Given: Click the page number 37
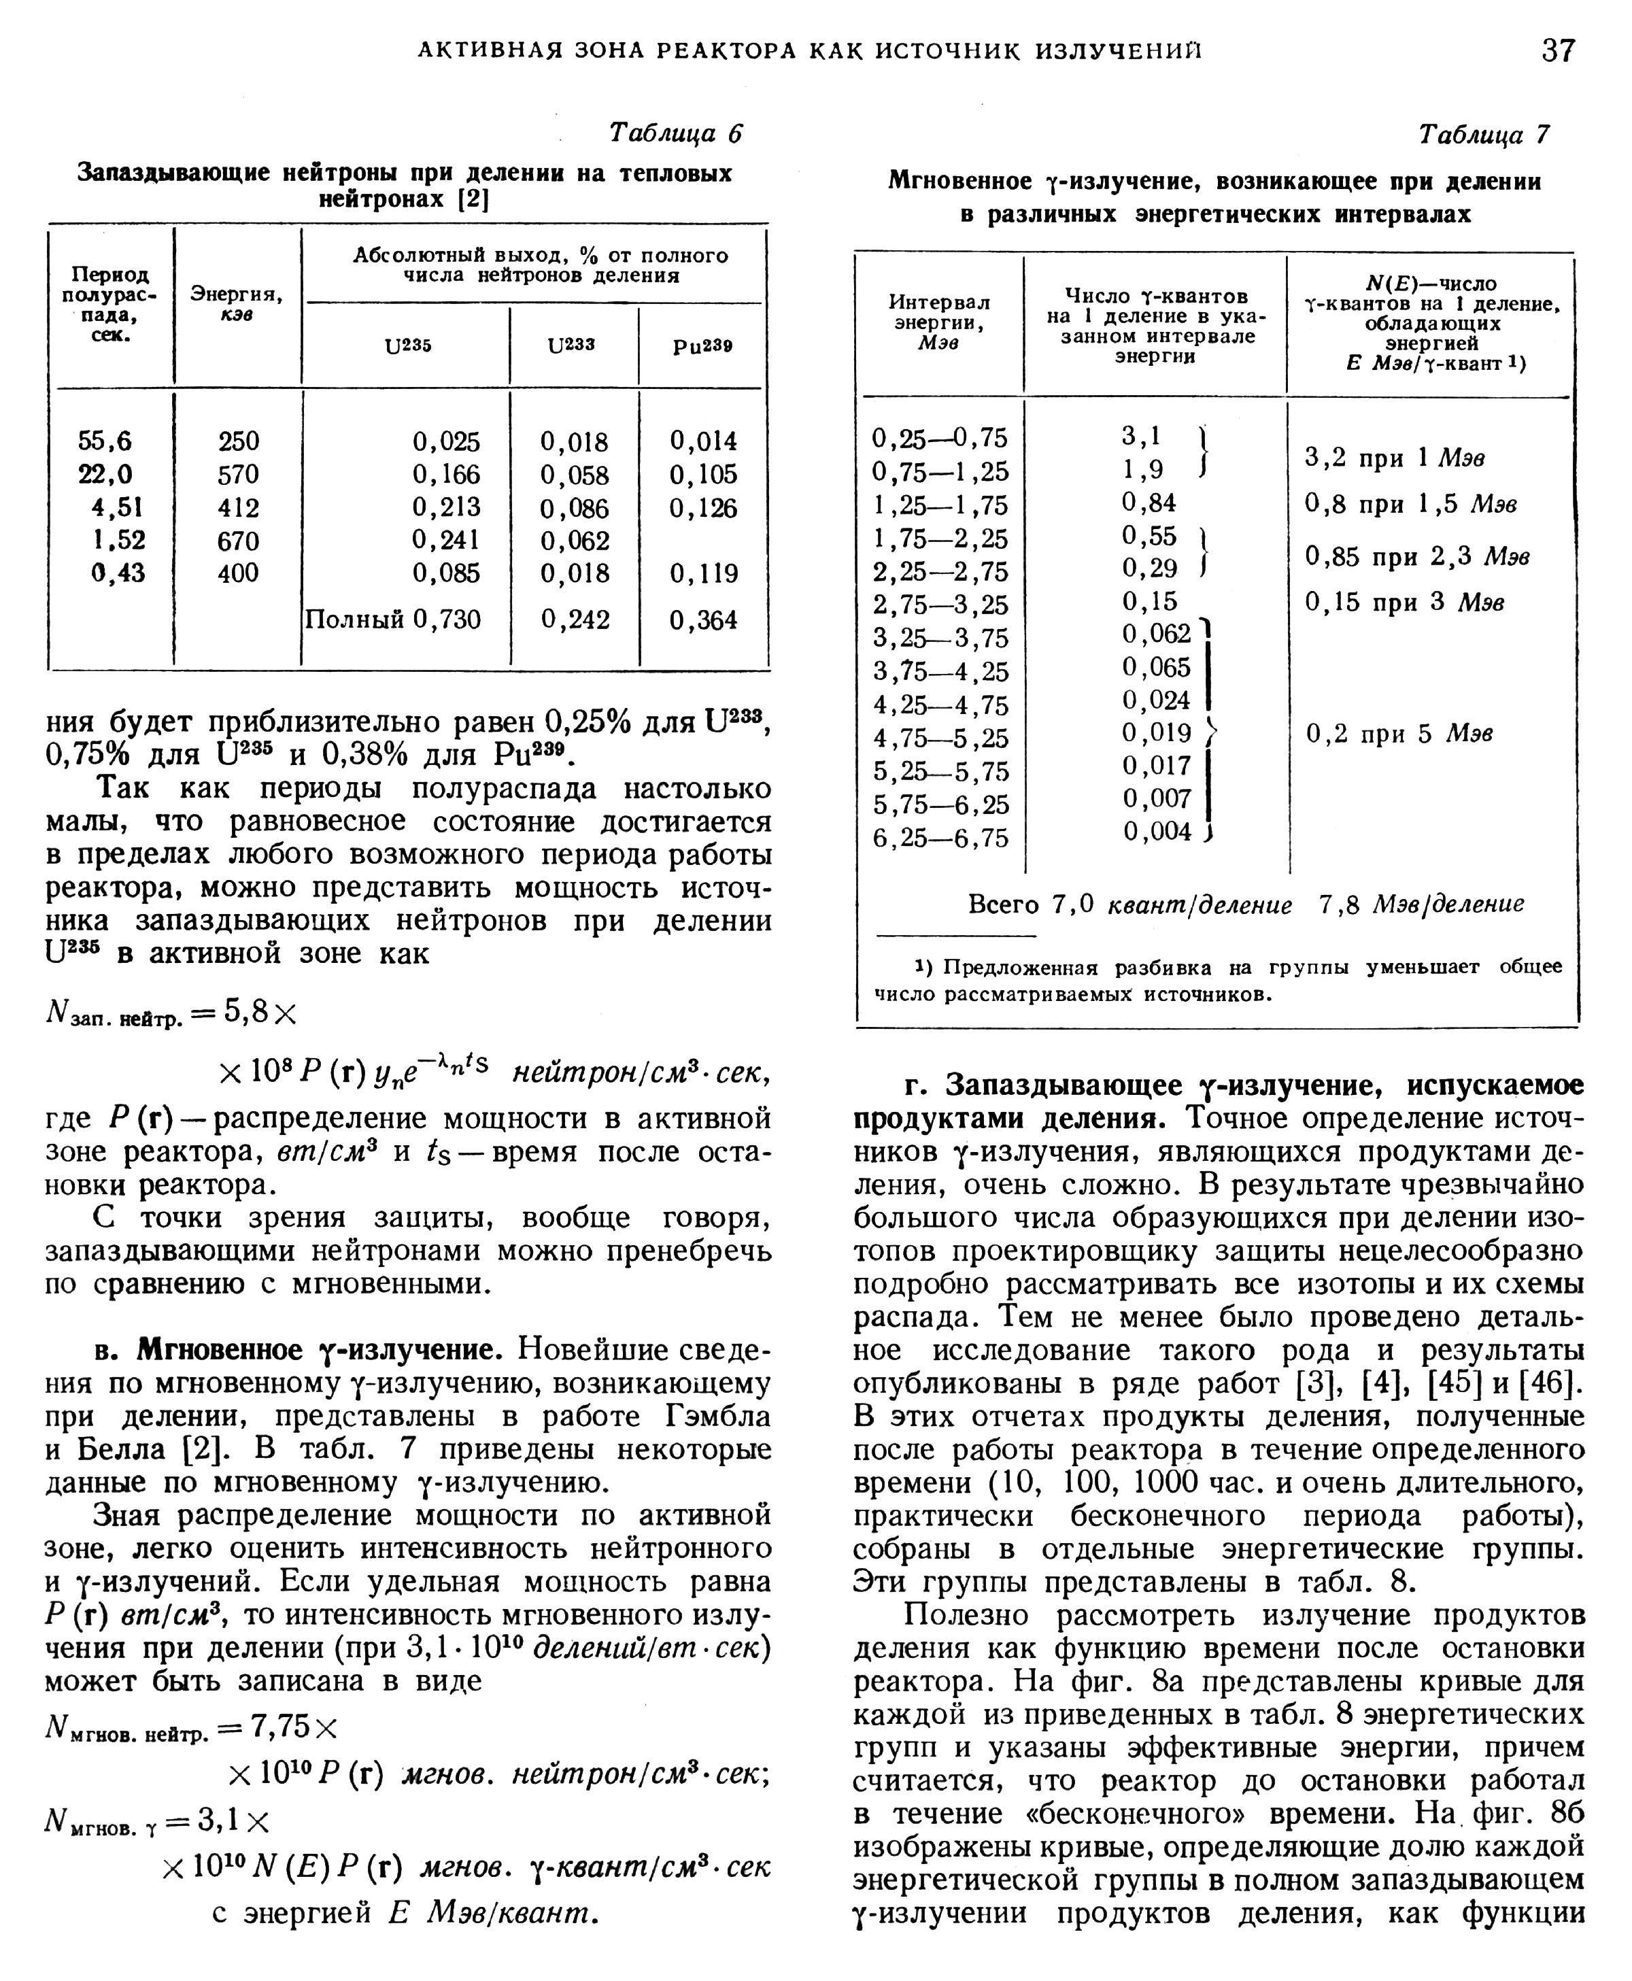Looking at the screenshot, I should tap(1558, 49).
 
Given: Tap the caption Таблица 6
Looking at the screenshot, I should tap(675, 133).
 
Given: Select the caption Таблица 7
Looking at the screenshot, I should tap(1484, 135).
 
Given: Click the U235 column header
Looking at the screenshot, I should tap(408, 345).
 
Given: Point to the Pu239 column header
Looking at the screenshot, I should tap(703, 345).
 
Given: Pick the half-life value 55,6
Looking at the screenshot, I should tap(105, 441).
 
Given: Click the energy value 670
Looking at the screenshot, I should tap(238, 541).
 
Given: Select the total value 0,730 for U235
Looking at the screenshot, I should tap(447, 620).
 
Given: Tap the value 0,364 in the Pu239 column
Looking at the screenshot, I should tap(703, 620).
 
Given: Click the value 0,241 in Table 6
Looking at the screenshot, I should tap(447, 541).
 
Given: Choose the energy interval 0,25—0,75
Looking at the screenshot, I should tap(939, 438).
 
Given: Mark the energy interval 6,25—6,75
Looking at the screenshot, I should tap(940, 838).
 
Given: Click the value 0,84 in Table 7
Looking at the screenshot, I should tap(1149, 503).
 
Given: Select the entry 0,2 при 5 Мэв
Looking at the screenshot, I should tap(1399, 733).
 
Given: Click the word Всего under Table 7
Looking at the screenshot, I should tap(1003, 904).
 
